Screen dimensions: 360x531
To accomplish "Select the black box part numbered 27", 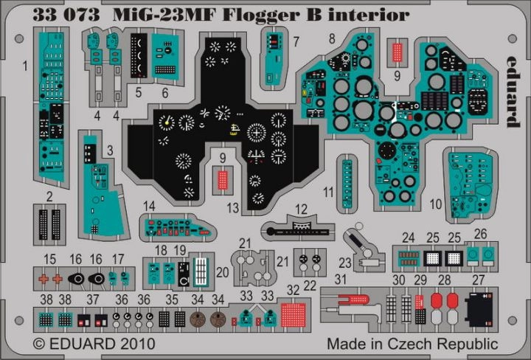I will click(478, 307).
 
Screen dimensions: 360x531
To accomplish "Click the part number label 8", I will click(333, 38).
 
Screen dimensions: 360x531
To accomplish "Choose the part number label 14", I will click(150, 206).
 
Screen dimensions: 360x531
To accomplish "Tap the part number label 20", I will click(223, 272).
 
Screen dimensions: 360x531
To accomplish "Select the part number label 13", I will click(233, 209).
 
